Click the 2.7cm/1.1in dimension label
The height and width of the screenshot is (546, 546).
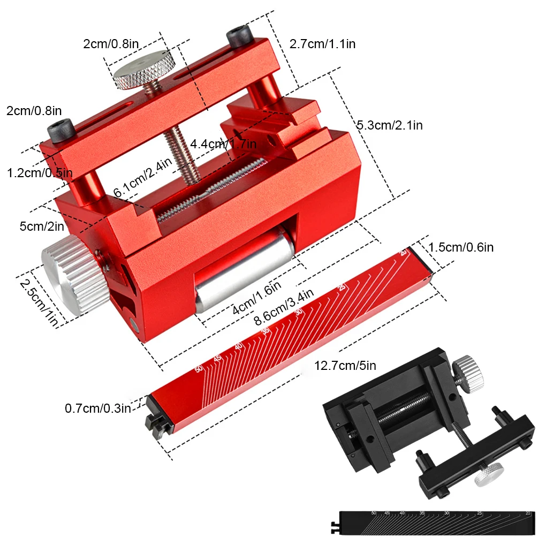[x=322, y=44]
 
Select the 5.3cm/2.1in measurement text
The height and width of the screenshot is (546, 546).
[x=389, y=125]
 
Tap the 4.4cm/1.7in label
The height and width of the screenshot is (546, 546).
[x=223, y=144]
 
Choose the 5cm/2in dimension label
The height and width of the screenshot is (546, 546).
[x=41, y=226]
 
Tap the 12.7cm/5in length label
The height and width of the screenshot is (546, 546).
[x=345, y=366]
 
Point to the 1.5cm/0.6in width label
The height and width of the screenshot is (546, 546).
[x=461, y=247]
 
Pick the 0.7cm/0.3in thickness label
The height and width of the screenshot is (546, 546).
[x=98, y=408]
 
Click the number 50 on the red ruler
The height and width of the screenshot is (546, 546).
[x=199, y=369]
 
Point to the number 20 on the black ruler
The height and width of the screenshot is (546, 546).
[x=528, y=513]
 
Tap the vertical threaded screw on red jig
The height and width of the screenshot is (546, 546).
[x=179, y=155]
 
